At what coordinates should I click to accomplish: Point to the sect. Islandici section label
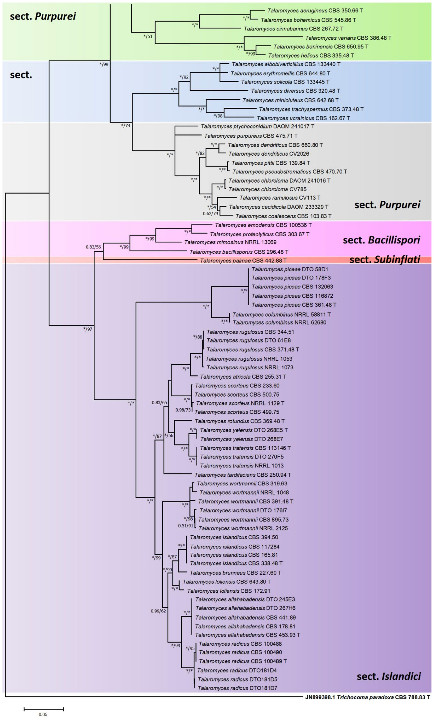389,676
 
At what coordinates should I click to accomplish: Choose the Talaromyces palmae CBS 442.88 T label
243,260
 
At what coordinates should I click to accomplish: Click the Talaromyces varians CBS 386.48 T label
348,38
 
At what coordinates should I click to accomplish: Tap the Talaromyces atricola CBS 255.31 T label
243,377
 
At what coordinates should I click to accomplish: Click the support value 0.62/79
210,214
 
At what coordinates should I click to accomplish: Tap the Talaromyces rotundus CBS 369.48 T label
240,421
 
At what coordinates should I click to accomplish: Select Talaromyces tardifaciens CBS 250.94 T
243,475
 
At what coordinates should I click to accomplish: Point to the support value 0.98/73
183,410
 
